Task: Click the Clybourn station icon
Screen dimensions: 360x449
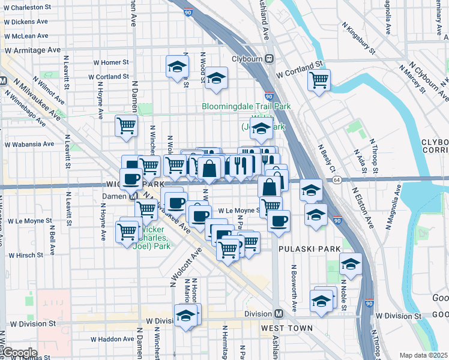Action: coord(270,59)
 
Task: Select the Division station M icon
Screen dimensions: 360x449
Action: coord(279,314)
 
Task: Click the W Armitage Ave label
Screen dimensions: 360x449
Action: coord(32,50)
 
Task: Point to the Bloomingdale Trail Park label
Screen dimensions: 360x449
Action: coord(246,106)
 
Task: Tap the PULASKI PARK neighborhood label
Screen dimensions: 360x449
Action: coord(309,248)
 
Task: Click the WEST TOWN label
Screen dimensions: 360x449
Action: coord(286,328)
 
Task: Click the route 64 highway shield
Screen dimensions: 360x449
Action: coord(337,180)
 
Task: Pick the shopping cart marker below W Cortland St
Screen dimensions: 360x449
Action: coord(319,79)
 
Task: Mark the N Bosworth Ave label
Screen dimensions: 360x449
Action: coord(294,287)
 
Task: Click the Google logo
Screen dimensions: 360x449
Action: coord(19,353)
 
